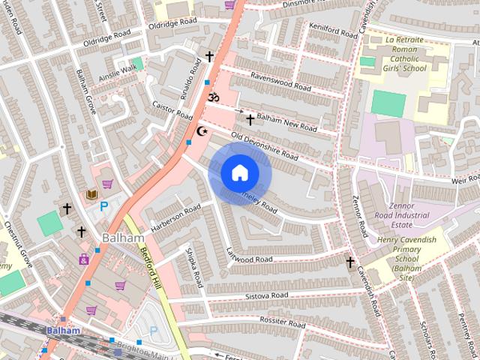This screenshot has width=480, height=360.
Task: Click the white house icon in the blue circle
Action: pos(239,173)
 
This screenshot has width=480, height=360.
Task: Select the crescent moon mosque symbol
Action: pos(201,131)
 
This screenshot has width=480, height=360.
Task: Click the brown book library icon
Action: pos(92,194)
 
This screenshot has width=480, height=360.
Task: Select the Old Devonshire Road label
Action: pos(265,146)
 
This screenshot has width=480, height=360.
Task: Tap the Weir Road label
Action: pos(463,179)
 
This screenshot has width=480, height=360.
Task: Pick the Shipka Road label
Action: pos(194,268)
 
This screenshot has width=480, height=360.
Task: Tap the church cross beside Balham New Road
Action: pos(250,119)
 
